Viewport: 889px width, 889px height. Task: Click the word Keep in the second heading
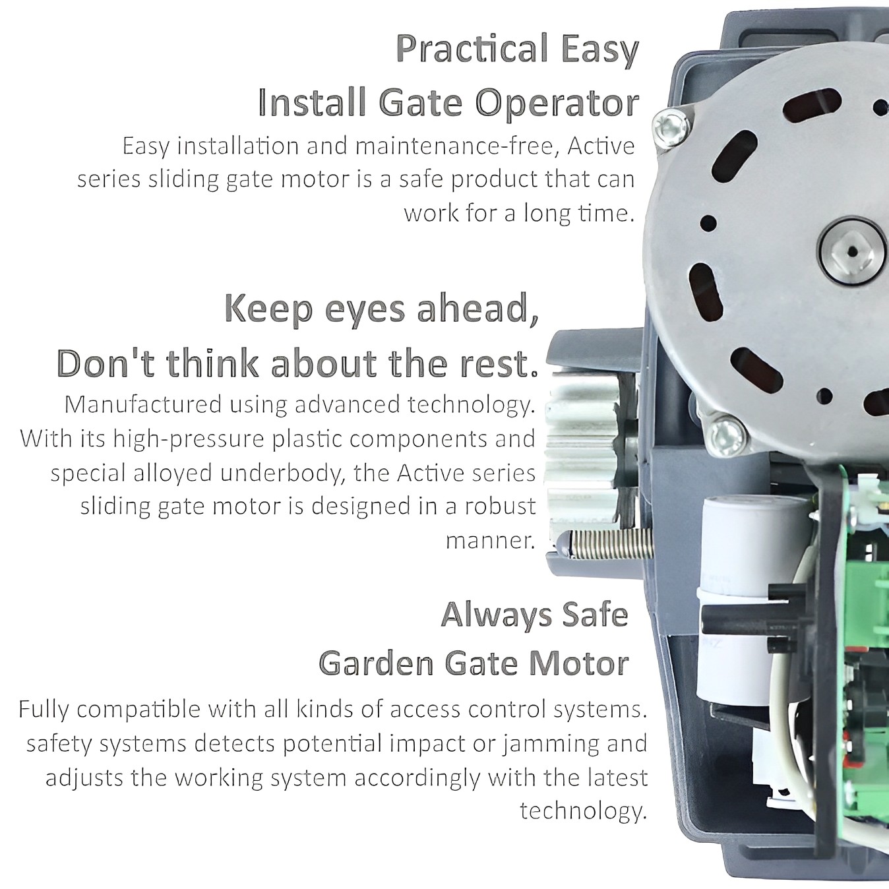click(270, 309)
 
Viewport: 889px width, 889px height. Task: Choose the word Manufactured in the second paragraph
click(144, 405)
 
